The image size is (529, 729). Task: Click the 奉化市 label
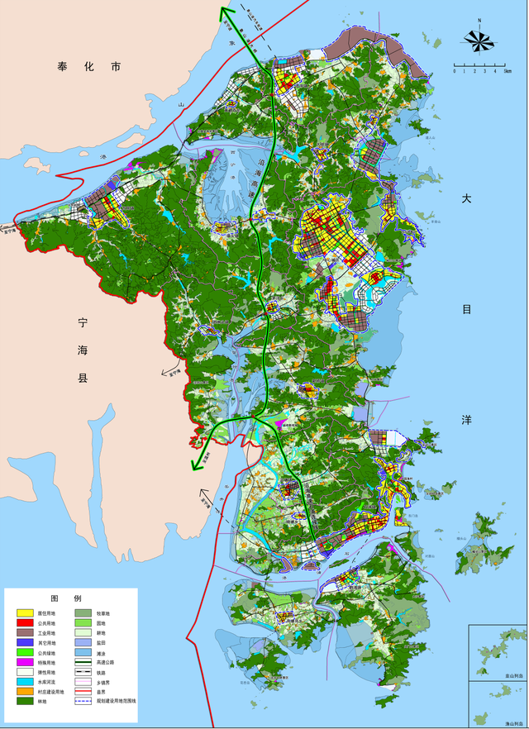click(88, 66)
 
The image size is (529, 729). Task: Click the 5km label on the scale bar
click(507, 72)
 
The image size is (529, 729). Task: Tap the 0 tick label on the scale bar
click(453, 72)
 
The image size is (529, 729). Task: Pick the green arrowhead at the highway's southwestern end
click(196, 464)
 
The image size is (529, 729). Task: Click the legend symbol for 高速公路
click(83, 663)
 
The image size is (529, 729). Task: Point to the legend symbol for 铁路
click(83, 673)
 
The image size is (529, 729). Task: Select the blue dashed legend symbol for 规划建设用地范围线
click(83, 702)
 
